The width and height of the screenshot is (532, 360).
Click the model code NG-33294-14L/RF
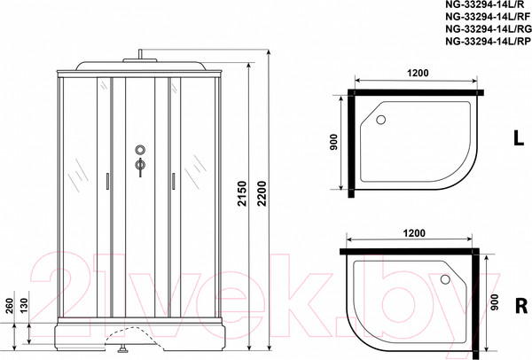(x=488, y=17)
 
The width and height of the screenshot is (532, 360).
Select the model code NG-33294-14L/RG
(x=489, y=29)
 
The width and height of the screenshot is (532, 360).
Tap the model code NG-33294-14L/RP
(x=488, y=41)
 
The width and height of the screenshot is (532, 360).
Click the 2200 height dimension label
(x=262, y=193)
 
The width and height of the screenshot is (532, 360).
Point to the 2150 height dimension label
(x=242, y=193)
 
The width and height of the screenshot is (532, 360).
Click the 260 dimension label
(x=9, y=306)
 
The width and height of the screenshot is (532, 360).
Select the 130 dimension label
(x=23, y=306)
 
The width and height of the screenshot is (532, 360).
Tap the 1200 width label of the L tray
(x=418, y=73)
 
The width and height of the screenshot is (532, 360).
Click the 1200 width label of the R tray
(x=414, y=233)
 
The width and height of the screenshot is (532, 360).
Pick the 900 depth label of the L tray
(x=334, y=143)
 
